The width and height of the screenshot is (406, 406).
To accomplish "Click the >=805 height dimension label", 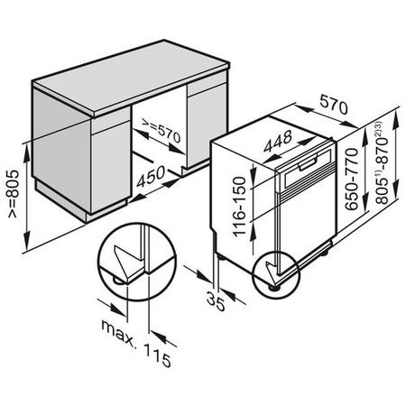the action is pos(14,194).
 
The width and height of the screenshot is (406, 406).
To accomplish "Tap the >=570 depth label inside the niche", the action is pos(161,131).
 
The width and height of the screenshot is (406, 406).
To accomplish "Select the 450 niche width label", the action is pos(151,176).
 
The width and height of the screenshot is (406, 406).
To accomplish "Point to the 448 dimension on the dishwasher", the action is pos(278,141).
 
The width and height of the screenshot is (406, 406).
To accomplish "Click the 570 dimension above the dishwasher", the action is pos(334,104).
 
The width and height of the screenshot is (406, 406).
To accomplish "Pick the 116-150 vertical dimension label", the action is pos(240,207).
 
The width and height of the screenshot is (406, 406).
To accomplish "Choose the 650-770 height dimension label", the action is pos(352,179).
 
